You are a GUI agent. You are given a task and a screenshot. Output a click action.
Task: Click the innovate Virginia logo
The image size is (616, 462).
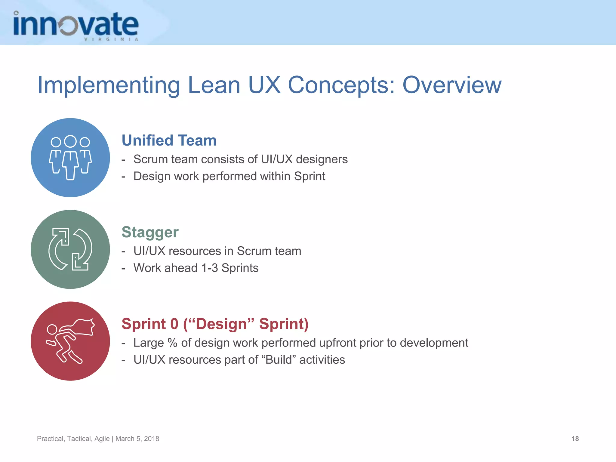(x=76, y=26)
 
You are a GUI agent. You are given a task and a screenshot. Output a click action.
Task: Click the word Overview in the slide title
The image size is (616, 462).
(x=452, y=85)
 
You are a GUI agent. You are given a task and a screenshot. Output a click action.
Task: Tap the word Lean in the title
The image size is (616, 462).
(x=214, y=85)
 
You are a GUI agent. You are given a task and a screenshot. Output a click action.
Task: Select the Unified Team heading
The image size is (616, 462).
(x=169, y=140)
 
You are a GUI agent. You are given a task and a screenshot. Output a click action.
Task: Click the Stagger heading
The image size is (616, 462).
(x=150, y=232)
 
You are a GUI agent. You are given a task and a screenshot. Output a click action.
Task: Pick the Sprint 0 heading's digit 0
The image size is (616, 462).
(x=174, y=324)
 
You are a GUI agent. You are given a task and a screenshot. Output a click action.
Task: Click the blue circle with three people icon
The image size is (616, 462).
(x=70, y=158)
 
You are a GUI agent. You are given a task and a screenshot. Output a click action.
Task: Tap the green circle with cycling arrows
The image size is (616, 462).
(x=70, y=249)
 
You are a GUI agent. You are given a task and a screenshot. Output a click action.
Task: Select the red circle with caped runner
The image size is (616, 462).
(x=70, y=341)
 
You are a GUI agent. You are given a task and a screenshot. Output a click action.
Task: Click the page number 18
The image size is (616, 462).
(x=575, y=439)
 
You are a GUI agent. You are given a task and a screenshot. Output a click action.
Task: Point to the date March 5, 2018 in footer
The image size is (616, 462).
(x=137, y=439)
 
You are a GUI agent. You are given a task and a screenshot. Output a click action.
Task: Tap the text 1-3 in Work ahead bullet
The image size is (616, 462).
(x=209, y=268)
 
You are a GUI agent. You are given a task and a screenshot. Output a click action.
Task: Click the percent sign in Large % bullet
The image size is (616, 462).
(x=172, y=343)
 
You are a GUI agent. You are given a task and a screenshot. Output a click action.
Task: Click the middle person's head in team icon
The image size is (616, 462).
(x=70, y=141)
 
